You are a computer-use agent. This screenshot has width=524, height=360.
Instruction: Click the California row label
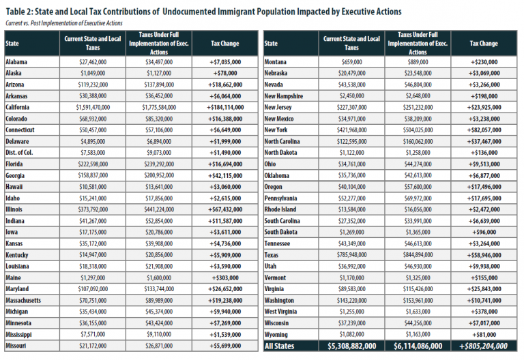(18, 107)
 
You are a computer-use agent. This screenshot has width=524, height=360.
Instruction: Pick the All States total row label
(280, 346)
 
